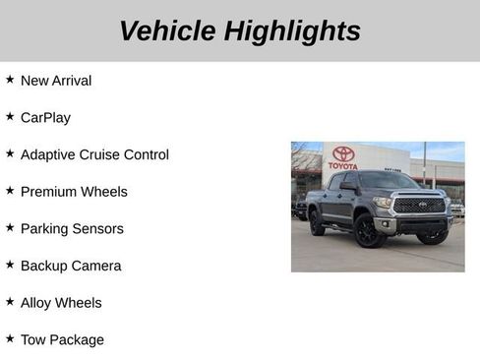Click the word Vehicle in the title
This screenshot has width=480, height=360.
click(167, 30)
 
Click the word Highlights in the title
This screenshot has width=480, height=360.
click(292, 30)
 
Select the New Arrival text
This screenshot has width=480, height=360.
click(56, 81)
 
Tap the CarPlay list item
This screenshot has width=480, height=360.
click(45, 117)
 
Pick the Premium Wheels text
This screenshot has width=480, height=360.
click(74, 192)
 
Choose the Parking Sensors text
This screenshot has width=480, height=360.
click(72, 229)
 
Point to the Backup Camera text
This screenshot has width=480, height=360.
click(71, 266)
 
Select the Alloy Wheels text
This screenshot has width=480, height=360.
click(61, 303)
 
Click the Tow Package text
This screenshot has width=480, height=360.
click(62, 340)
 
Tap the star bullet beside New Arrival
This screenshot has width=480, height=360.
click(10, 79)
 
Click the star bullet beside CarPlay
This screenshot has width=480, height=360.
click(10, 116)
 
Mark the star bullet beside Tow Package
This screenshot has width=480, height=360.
click(10, 338)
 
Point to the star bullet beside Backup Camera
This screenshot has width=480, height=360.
click(10, 265)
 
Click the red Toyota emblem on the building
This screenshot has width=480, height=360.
click(343, 153)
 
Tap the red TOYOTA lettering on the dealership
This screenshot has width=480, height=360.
click(343, 166)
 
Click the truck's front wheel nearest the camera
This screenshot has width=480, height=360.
click(370, 232)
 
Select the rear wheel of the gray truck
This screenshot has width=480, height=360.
click(317, 224)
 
